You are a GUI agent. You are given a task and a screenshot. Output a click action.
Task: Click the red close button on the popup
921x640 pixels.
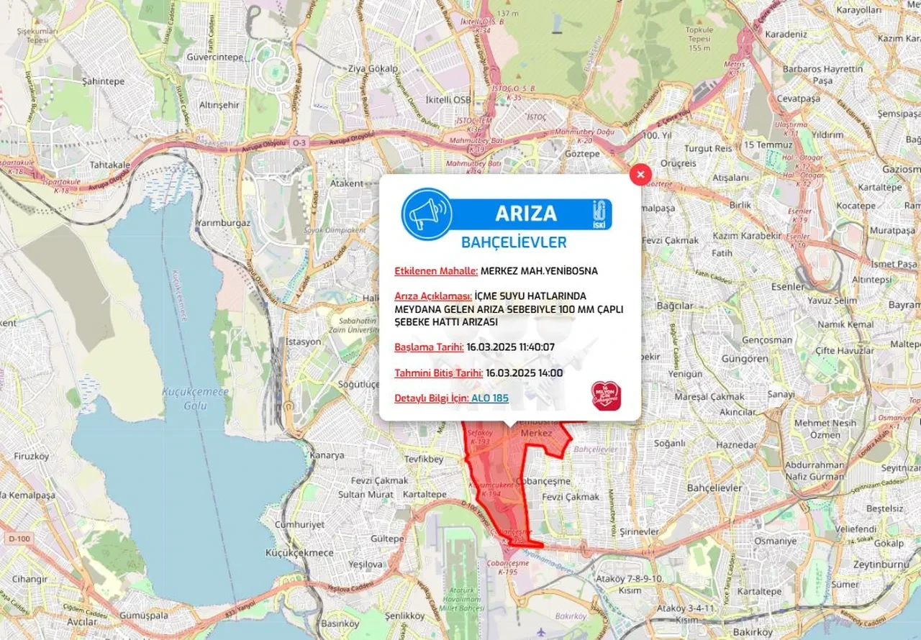pos(640,174)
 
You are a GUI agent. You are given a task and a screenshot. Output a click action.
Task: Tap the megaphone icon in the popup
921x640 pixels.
pos(427,214)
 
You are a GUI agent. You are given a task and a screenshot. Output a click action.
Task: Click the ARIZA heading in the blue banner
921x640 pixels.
pos(526,214)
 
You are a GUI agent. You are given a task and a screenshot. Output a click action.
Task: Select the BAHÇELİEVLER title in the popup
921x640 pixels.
pos(514,242)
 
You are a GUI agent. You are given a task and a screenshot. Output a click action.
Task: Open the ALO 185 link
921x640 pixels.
pos(490,398)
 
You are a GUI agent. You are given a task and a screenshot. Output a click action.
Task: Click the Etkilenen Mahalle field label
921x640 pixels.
pos(436,271)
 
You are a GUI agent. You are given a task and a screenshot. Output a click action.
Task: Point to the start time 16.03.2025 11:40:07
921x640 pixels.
pos(510,347)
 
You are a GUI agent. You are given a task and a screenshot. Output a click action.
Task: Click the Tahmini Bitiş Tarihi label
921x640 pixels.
pos(438,372)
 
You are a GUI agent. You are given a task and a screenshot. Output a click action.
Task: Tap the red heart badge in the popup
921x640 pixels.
pos(606,395)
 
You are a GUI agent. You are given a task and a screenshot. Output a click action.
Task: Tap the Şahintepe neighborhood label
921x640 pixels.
pos(103,81)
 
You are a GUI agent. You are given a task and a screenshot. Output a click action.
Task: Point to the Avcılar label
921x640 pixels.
pos(82,622)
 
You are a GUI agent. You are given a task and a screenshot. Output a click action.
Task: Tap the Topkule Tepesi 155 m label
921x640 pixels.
pos(699,39)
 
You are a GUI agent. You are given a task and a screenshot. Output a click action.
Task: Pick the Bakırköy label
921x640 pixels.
pos(753,632)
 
